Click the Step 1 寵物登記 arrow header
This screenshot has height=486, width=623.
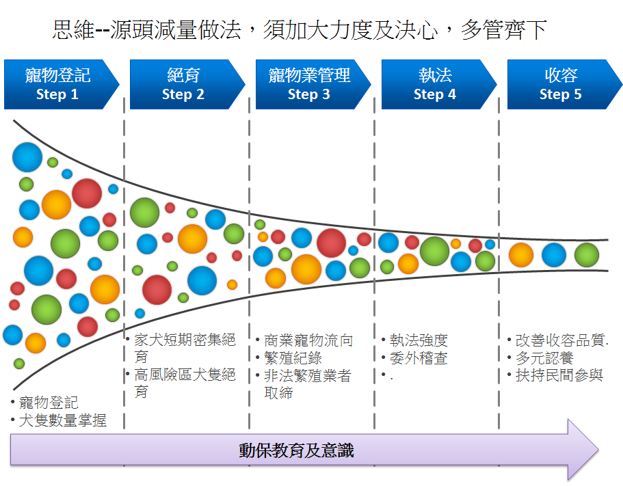62,84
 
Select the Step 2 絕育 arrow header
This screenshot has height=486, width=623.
187,84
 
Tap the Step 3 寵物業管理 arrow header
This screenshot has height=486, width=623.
313,84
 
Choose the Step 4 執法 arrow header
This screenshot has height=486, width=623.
439,84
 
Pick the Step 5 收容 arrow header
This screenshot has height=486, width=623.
565,84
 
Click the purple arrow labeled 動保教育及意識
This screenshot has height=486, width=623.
304,450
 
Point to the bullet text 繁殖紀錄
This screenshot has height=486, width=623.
293,357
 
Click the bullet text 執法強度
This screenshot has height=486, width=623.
419,340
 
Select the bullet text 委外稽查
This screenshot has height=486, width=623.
419,357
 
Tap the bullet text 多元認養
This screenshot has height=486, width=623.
544,357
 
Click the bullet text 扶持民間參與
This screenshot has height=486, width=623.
559,375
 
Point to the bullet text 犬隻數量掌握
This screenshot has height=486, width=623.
63,420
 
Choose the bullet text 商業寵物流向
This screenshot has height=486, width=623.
308,340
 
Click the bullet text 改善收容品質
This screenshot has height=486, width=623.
561,340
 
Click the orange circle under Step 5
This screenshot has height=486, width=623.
521,255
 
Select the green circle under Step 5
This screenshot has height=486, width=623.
587,255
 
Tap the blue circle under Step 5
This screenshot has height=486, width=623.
554,255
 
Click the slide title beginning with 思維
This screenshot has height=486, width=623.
300,30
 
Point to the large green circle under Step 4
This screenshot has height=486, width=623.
434,251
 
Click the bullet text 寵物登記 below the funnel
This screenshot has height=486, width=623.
49,402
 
